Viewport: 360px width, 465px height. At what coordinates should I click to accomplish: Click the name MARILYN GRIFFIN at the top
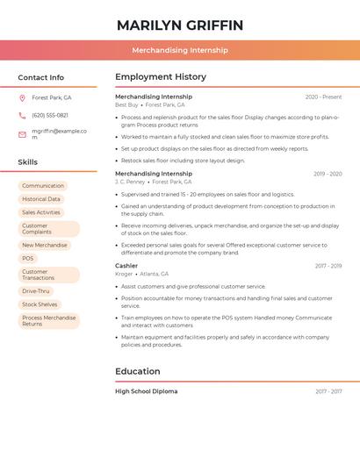(x=180, y=25)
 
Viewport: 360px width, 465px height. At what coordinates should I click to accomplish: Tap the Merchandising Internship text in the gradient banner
(x=180, y=50)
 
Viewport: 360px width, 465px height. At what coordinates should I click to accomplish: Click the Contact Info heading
(x=40, y=77)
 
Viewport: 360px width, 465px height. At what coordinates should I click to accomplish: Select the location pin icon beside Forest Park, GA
(x=23, y=98)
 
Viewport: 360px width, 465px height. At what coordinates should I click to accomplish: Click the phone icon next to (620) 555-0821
(x=23, y=115)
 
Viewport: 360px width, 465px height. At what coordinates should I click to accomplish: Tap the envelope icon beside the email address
(x=23, y=133)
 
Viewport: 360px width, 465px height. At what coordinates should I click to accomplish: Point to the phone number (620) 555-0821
(x=50, y=115)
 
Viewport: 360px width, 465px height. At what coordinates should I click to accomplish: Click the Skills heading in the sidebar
(x=28, y=162)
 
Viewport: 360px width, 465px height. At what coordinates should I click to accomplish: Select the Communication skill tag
(x=43, y=186)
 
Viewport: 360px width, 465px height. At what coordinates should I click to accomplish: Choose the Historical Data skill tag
(x=41, y=199)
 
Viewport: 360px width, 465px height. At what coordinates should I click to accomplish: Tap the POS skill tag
(x=28, y=259)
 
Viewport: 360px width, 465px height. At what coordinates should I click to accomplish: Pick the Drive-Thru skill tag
(x=36, y=291)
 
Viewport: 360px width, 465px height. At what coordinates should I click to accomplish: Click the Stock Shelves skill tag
(x=40, y=304)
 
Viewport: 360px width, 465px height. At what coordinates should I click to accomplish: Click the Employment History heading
(x=161, y=77)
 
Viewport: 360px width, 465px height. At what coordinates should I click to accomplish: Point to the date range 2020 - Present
(x=323, y=97)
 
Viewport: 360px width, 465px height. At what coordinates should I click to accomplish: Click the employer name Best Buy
(x=126, y=104)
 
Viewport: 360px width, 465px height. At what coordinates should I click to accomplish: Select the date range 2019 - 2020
(x=328, y=174)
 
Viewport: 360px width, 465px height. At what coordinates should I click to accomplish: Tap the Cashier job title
(x=126, y=265)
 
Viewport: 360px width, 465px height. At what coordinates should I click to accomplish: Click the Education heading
(x=138, y=371)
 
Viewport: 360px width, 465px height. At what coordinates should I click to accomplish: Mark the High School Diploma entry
(x=146, y=391)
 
